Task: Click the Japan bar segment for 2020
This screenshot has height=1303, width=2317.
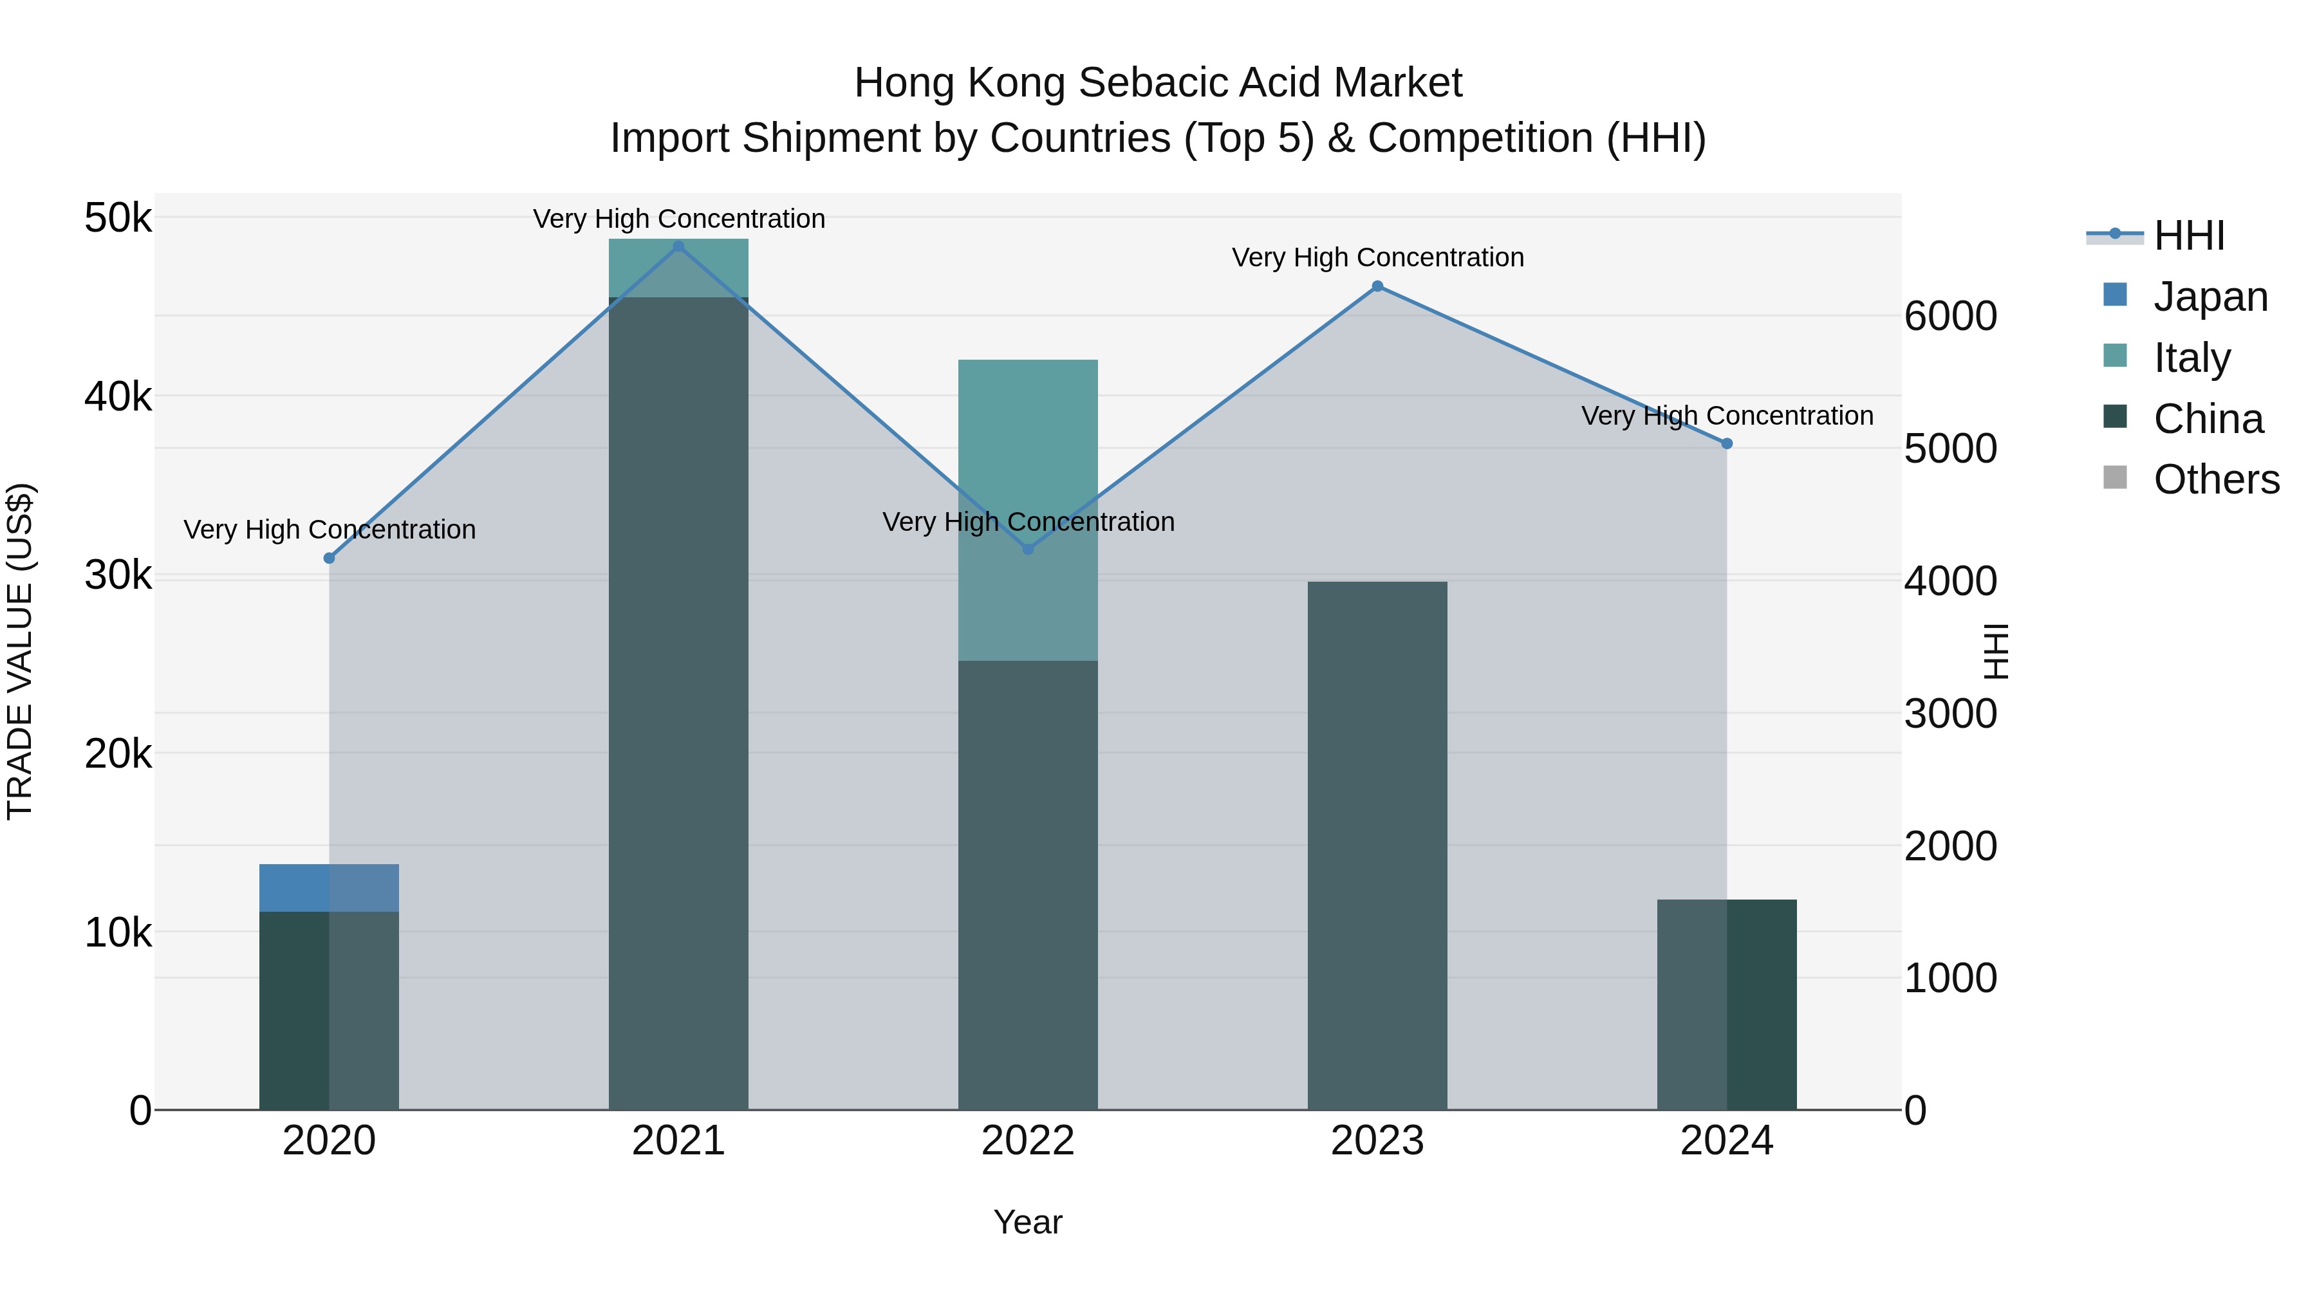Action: (328, 887)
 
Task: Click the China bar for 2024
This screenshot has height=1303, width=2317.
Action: (1726, 1004)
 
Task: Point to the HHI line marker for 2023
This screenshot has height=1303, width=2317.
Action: (1377, 286)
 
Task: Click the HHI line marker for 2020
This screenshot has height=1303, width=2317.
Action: (329, 559)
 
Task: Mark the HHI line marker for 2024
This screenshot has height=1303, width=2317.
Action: (1726, 443)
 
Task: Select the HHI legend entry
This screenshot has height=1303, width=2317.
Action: (2188, 236)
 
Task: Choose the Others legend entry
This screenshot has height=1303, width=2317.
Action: (2215, 479)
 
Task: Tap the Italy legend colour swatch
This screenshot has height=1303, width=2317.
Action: (2115, 356)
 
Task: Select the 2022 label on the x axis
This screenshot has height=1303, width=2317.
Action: (1027, 1141)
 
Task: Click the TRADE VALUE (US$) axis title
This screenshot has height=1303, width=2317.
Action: (20, 651)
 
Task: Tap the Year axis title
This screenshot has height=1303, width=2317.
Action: (1027, 1222)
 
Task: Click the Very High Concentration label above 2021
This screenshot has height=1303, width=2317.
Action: (678, 219)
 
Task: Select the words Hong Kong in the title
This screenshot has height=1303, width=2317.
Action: (960, 83)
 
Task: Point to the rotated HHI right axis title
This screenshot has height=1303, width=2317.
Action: (1995, 651)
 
